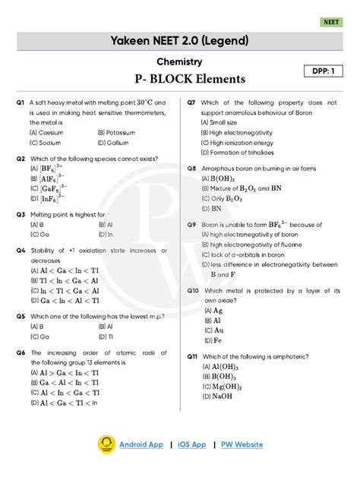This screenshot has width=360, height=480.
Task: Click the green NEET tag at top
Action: [x=333, y=24]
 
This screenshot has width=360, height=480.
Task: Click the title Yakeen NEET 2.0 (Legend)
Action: [x=179, y=39]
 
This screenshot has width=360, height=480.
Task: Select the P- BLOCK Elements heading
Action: [x=179, y=79]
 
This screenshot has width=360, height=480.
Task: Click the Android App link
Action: [x=141, y=444]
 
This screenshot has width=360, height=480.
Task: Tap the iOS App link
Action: [x=188, y=444]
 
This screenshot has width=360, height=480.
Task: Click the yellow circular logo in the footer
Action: [x=106, y=444]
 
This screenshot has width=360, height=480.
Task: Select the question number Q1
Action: [x=20, y=102]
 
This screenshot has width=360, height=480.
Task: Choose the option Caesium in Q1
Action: [x=46, y=132]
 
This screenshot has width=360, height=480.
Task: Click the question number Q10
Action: [x=193, y=290]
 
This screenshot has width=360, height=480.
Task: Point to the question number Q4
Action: [x=20, y=250]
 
